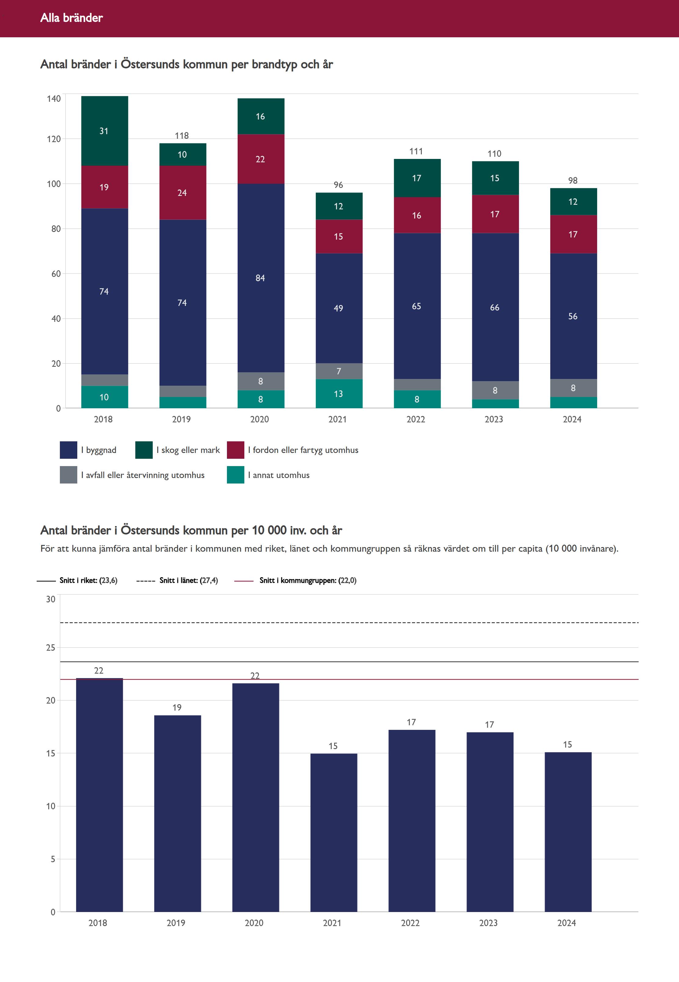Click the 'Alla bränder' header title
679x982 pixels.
[x=71, y=18]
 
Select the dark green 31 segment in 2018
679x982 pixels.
[x=104, y=131]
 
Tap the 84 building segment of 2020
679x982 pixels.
[x=260, y=278]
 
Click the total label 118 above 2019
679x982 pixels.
[x=182, y=136]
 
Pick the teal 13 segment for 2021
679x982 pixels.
[x=339, y=394]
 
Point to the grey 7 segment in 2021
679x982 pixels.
[x=339, y=371]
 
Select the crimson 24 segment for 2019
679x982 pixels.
[x=182, y=193]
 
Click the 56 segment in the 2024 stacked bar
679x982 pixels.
[x=573, y=316]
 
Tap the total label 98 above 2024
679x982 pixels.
[x=573, y=181]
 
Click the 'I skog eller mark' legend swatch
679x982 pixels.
[x=144, y=450]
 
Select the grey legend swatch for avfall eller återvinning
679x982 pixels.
[x=68, y=475]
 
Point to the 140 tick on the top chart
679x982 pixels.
[x=54, y=99]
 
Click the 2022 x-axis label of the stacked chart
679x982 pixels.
[x=416, y=419]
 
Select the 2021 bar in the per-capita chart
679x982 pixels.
[x=334, y=832]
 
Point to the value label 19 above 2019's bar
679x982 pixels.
[x=177, y=708]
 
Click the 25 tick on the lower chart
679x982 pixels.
[x=51, y=647]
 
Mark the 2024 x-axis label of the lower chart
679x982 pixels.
[x=567, y=923]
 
